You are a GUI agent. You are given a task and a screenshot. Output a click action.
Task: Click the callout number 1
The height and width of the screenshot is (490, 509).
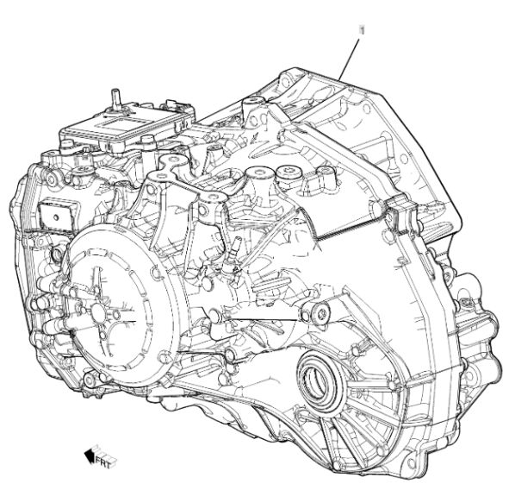(x=362, y=30)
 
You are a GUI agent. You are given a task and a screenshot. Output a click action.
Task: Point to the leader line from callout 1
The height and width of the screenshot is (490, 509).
(x=349, y=60)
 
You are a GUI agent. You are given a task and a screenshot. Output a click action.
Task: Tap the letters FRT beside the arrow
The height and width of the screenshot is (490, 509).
(x=104, y=461)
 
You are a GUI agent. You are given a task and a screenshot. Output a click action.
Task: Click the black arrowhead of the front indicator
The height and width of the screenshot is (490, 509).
(x=90, y=455)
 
